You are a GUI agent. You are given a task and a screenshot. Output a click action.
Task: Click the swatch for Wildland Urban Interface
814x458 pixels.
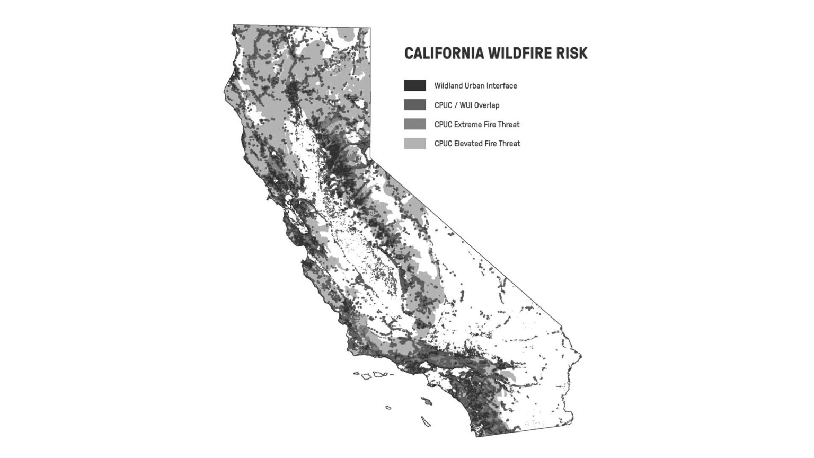[x=414, y=85]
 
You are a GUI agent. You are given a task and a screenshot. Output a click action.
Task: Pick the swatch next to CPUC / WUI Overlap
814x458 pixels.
[x=414, y=105]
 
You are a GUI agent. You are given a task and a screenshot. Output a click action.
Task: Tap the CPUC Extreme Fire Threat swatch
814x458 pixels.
[x=414, y=124]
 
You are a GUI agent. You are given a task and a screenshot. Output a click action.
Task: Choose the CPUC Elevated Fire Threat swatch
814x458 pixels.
[x=414, y=143]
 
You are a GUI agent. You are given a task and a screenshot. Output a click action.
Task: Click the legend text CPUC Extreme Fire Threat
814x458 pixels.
[x=477, y=125]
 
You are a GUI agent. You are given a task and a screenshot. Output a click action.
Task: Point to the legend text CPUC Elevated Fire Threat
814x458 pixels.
[x=477, y=144]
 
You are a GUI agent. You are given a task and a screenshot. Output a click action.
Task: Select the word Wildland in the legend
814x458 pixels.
[x=448, y=86]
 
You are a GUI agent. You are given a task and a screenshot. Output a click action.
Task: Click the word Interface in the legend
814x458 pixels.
[x=501, y=86]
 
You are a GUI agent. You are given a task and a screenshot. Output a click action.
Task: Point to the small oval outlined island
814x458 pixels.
[x=388, y=408]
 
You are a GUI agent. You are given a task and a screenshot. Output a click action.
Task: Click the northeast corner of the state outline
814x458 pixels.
[x=370, y=28]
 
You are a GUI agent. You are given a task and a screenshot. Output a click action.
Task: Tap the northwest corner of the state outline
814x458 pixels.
[x=234, y=25]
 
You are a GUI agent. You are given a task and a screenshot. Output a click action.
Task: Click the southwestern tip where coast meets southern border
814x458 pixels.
[x=476, y=436]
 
